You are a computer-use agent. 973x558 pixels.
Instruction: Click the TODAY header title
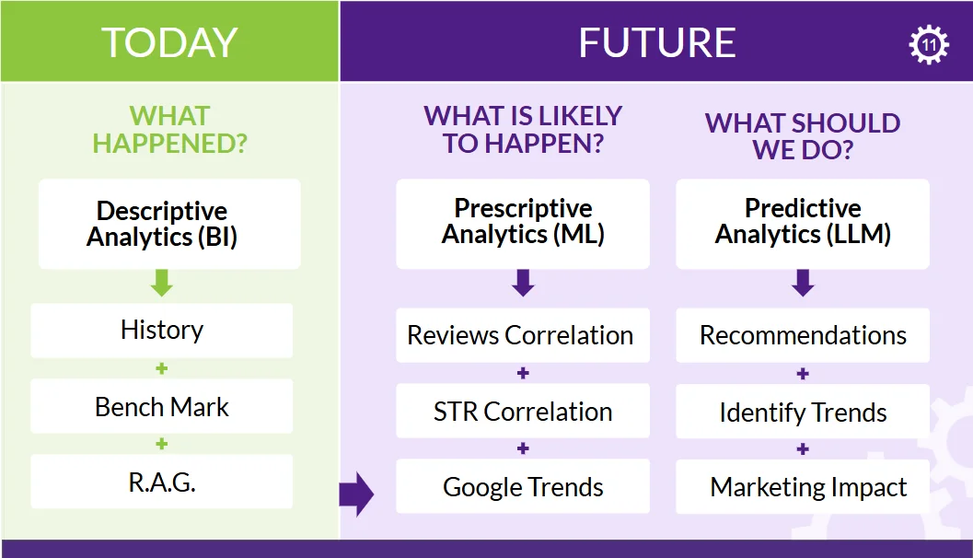[x=169, y=42]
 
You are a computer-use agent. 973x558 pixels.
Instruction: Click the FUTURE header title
[x=656, y=42]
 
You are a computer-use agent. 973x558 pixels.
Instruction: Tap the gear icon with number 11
[x=929, y=44]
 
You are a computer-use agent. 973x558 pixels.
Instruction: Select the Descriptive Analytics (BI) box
[x=169, y=224]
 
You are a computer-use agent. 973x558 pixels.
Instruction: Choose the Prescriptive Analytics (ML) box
[x=523, y=224]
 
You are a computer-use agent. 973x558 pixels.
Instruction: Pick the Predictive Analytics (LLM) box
[x=803, y=224]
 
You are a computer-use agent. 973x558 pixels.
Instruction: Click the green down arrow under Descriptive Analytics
[x=162, y=283]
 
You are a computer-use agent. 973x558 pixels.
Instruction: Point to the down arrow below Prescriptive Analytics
[x=523, y=283]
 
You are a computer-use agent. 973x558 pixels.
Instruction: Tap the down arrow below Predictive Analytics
[x=803, y=283]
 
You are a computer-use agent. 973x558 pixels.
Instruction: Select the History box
[x=161, y=331]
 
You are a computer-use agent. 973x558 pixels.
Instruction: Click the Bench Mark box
[x=161, y=407]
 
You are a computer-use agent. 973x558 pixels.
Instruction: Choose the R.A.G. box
[x=161, y=482]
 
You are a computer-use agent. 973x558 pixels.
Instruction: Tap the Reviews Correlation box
[x=523, y=335]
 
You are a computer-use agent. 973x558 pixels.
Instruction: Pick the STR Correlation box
[x=523, y=411]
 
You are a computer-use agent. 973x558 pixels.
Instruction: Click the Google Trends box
[x=523, y=486]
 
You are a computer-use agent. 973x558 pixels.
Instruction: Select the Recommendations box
[x=803, y=335]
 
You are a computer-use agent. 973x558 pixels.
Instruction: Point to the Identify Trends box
[x=803, y=412]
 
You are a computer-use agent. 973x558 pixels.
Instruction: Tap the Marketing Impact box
[x=803, y=486]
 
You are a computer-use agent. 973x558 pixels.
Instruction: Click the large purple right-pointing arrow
[x=356, y=494]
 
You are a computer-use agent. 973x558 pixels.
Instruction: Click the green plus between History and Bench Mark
[x=161, y=368]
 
